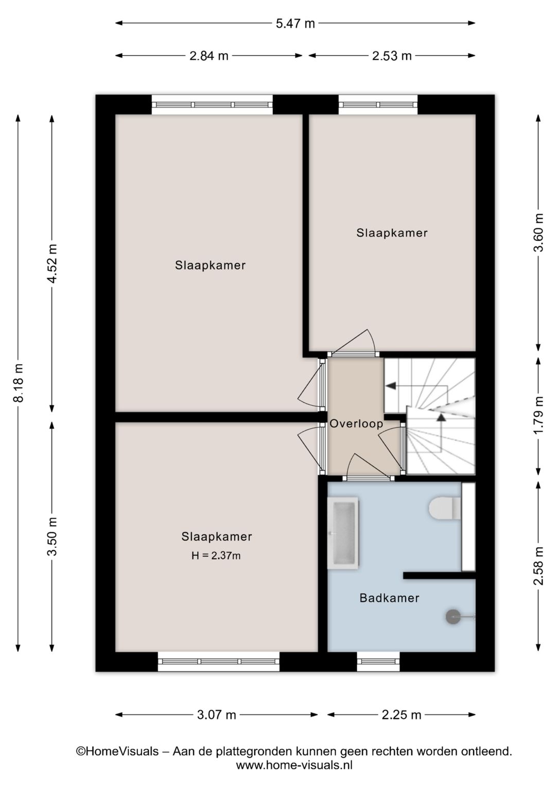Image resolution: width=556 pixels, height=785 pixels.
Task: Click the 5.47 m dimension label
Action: (295, 24)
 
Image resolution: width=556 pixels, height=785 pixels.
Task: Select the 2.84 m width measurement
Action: (208, 56)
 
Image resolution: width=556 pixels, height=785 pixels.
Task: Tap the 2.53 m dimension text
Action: (392, 56)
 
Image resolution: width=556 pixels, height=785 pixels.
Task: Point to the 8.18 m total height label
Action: (18, 383)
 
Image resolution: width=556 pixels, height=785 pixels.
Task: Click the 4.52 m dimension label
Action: (53, 263)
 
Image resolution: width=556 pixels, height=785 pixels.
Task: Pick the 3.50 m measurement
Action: (53, 537)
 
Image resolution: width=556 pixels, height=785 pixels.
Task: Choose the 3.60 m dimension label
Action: (538, 233)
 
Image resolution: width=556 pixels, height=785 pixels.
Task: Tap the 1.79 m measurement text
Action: (538, 415)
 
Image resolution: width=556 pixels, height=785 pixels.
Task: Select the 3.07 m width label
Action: (216, 715)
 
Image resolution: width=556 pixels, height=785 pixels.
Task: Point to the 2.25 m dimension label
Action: (402, 715)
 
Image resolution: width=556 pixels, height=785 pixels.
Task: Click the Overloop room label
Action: (356, 424)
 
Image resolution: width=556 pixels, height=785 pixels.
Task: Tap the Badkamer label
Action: (389, 598)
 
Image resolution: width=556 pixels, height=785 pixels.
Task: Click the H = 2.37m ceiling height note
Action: (216, 556)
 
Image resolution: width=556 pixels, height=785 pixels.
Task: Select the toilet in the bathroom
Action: (445, 508)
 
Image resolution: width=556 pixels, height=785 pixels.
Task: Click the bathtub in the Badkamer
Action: (343, 533)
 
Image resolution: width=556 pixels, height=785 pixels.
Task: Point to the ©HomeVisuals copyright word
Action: (117, 751)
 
